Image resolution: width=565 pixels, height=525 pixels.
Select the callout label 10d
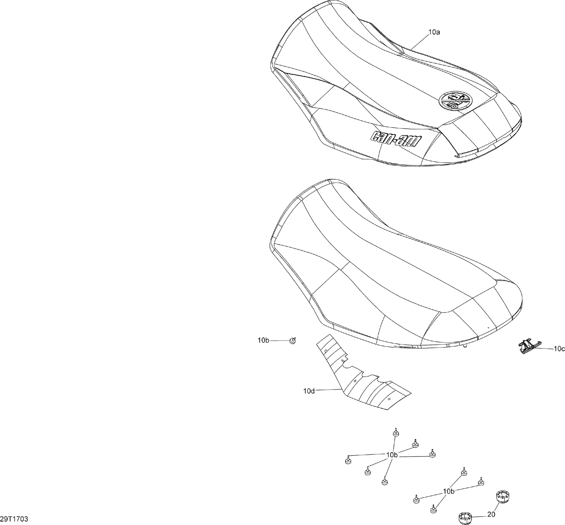309,391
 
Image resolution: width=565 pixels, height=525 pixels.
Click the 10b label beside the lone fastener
263,340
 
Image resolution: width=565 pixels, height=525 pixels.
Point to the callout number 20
491,514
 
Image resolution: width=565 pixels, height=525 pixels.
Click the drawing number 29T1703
14,519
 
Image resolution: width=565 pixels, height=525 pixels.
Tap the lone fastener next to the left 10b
293,340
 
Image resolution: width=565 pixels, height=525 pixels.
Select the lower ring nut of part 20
465,518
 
